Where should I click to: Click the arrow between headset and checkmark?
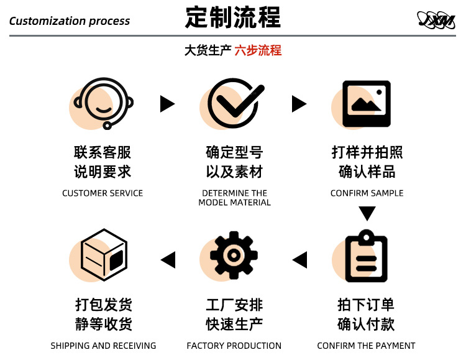(x=167, y=104)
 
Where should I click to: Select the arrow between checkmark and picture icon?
(x=299, y=104)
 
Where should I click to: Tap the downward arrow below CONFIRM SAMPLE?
(x=367, y=214)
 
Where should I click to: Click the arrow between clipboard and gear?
(x=299, y=259)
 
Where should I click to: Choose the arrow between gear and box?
(x=168, y=259)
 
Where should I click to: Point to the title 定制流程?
(x=233, y=18)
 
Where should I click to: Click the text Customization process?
(x=70, y=21)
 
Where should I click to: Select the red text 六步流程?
(x=258, y=50)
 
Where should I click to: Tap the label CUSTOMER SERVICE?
(x=103, y=193)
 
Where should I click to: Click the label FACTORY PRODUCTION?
(x=234, y=346)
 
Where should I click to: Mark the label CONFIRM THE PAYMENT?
(x=366, y=346)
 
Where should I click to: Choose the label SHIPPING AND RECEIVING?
(x=103, y=346)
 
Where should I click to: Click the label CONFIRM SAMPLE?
(x=367, y=193)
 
